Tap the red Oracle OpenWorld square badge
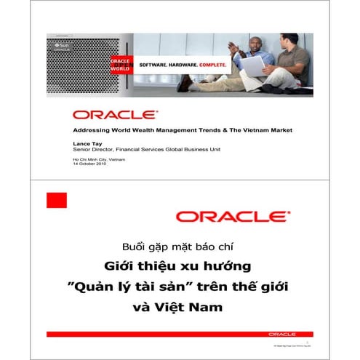pos(119,63)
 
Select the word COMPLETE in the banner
pos(212,64)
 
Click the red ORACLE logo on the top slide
pos(115,114)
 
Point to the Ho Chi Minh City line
pos(94,159)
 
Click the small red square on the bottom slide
pos(56,200)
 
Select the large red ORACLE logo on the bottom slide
pos(232,216)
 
